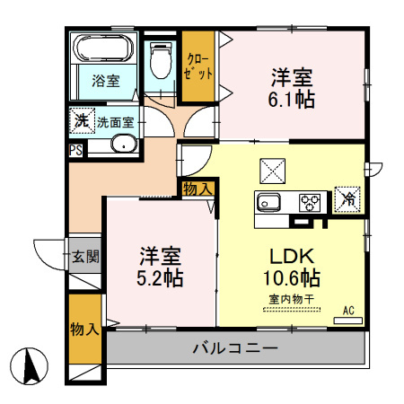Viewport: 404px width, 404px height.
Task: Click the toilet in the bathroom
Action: tap(162, 62)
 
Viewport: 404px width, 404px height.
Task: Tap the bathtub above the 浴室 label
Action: tap(103, 48)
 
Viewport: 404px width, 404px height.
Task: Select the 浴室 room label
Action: tap(106, 81)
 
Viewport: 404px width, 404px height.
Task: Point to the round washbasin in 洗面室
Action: tap(122, 145)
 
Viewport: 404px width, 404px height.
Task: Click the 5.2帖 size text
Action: tap(161, 277)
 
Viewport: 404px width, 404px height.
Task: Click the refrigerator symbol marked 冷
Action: tap(347, 199)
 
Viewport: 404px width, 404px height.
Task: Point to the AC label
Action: tap(348, 311)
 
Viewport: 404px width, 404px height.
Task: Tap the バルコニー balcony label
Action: tap(234, 347)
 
